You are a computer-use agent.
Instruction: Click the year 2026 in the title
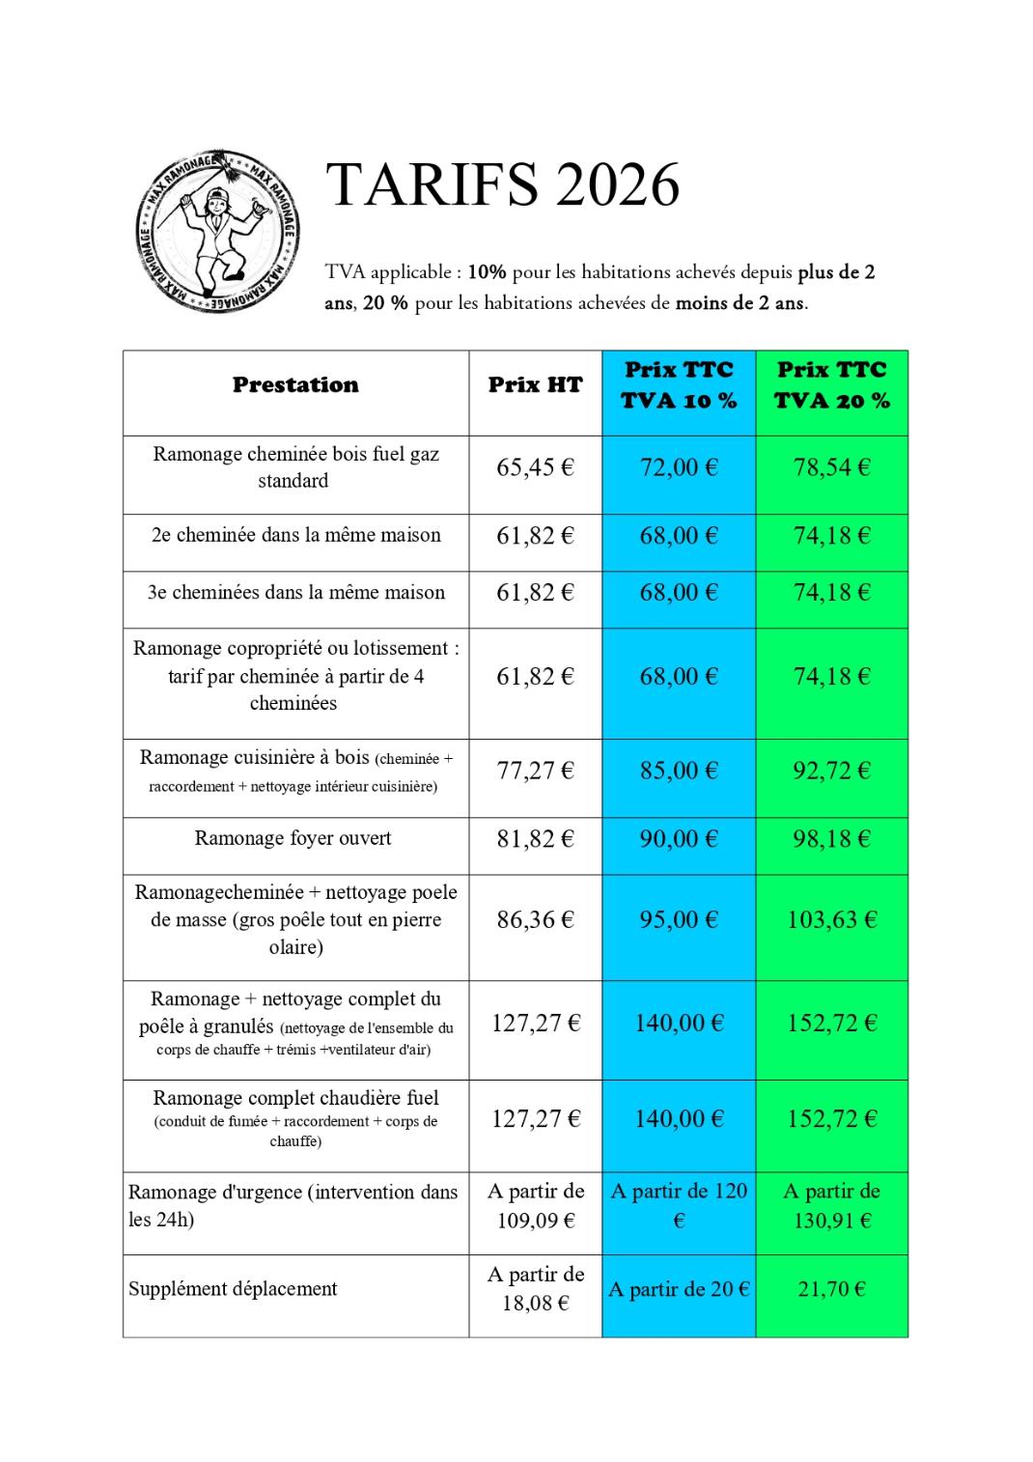617,184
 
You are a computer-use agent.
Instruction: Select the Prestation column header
295,385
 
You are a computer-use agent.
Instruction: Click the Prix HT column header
535,385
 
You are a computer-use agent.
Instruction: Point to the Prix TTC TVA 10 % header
679,385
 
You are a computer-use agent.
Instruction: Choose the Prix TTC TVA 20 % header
831,385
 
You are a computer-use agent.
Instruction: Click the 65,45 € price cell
535,468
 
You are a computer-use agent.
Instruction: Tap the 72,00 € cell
679,468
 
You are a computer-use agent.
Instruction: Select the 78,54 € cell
831,468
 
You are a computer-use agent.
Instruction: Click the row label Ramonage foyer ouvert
293,838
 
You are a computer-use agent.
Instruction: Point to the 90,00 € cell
679,839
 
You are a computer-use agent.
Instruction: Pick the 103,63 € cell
831,919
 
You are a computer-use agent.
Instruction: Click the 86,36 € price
535,919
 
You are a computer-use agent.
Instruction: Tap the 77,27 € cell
535,771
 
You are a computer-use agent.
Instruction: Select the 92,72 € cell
831,771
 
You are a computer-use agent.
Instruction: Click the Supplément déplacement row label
234,1289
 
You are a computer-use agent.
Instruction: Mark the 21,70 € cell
831,1289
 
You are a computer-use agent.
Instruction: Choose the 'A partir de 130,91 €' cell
831,1206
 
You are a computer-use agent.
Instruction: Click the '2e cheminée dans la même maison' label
295,535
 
